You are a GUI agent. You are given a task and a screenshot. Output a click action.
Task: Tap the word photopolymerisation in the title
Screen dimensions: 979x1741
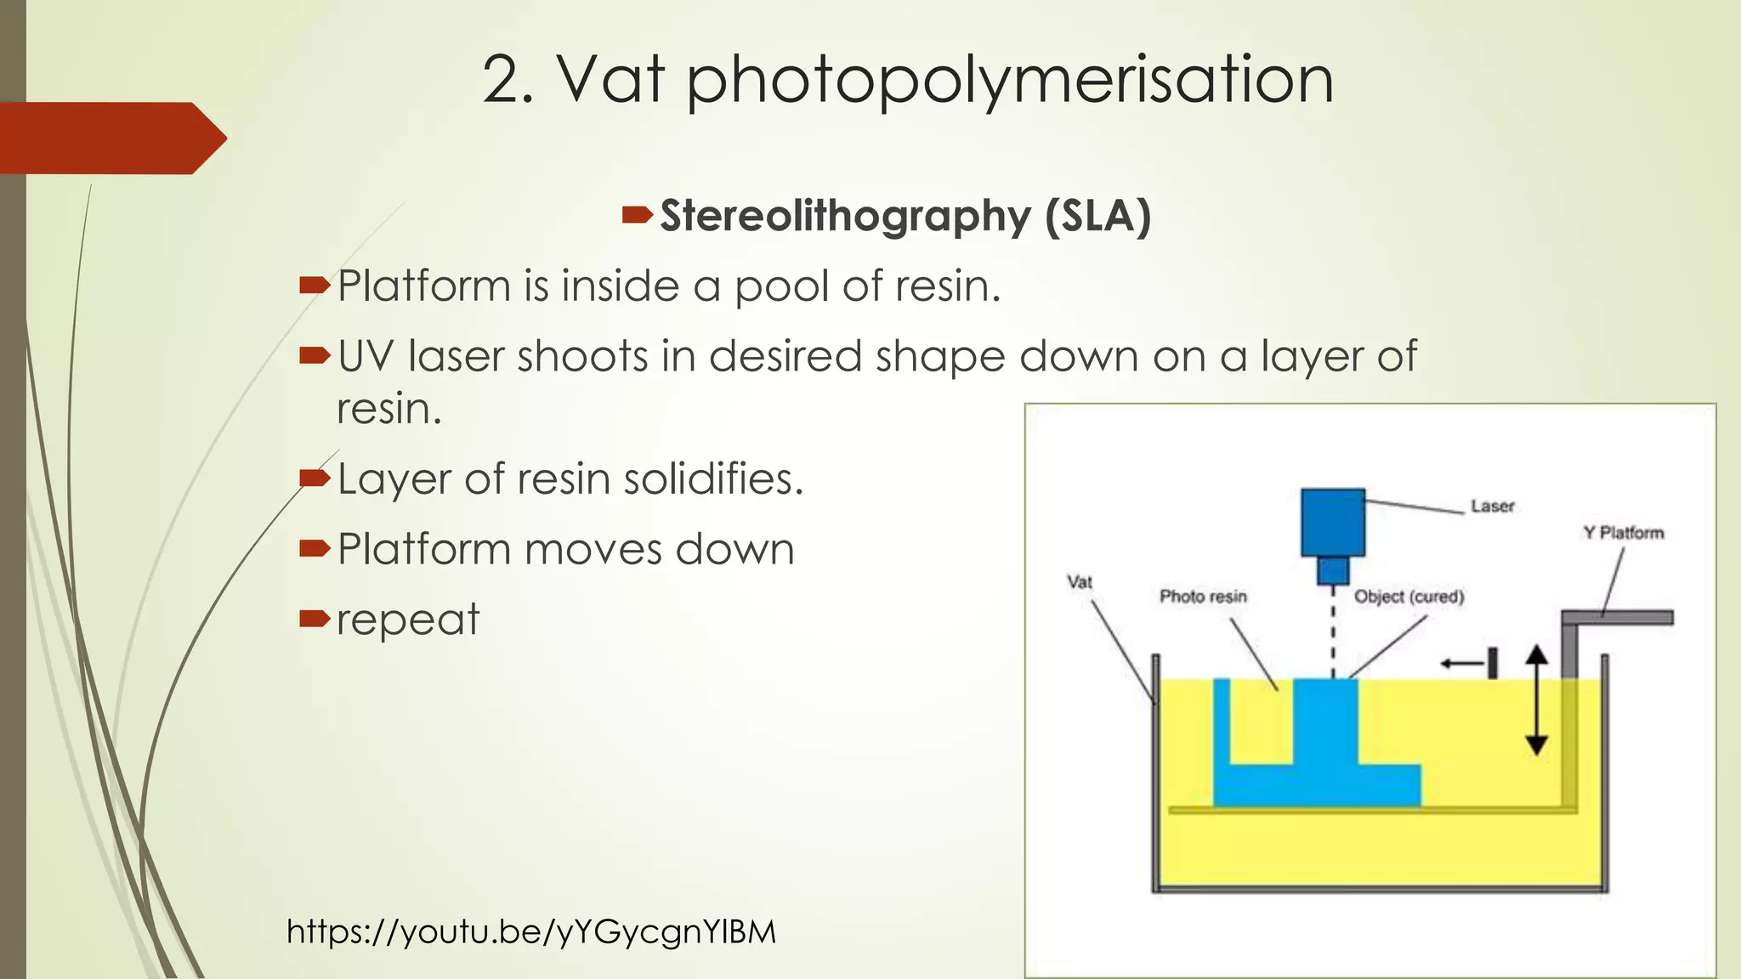pyautogui.click(x=1010, y=82)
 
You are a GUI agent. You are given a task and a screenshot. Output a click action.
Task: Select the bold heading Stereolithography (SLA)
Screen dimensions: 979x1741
pyautogui.click(x=905, y=215)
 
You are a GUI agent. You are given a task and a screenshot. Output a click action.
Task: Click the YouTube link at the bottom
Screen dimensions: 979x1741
pyautogui.click(x=531, y=931)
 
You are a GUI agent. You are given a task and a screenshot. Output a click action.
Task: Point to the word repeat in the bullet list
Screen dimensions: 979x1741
pyautogui.click(x=408, y=620)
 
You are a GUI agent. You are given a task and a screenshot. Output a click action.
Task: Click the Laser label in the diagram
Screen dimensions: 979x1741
pyautogui.click(x=1492, y=506)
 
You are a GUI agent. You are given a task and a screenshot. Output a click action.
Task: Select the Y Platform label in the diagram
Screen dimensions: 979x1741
pyautogui.click(x=1623, y=533)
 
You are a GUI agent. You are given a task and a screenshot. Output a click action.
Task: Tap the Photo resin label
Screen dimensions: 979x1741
pyautogui.click(x=1203, y=597)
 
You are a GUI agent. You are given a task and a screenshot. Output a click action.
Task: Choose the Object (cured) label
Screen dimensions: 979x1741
pyautogui.click(x=1409, y=597)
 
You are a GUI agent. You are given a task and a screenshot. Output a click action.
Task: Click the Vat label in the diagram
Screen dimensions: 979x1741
pyautogui.click(x=1080, y=582)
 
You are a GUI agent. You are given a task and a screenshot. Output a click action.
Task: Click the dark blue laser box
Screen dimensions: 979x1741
pyautogui.click(x=1333, y=522)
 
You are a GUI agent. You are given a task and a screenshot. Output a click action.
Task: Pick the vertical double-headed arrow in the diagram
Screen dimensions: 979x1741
pyautogui.click(x=1536, y=700)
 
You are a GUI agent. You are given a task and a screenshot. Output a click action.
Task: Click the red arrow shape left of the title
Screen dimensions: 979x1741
pyautogui.click(x=111, y=139)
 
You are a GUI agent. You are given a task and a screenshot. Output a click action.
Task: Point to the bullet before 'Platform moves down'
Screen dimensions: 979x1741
pyautogui.click(x=314, y=548)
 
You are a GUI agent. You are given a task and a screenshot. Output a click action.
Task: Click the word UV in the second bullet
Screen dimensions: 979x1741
pyautogui.click(x=365, y=356)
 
